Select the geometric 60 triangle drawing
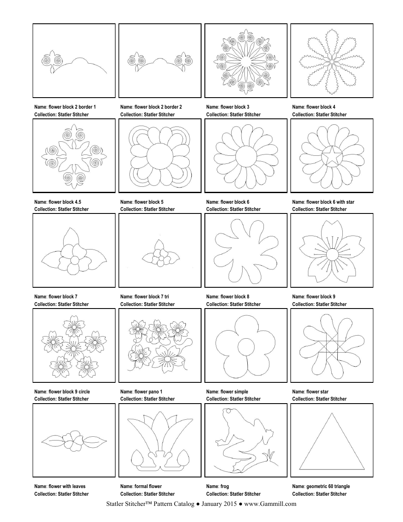pos(332,443)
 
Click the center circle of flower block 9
pos(332,253)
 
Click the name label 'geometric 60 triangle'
pos(321,486)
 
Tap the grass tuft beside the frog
pos(268,457)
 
